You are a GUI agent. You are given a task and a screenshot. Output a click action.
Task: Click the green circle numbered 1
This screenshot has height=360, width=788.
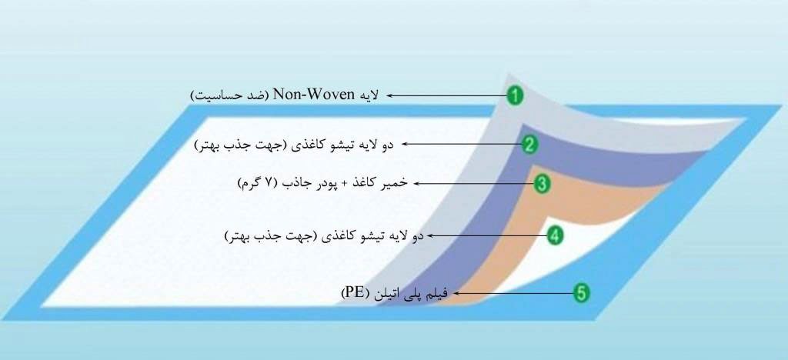515,95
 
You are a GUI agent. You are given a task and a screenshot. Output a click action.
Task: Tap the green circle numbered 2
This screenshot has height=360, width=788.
529,145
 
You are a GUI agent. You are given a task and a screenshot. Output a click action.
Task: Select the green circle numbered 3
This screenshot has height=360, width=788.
541,185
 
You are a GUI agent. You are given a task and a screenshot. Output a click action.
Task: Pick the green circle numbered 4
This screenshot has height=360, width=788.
554,235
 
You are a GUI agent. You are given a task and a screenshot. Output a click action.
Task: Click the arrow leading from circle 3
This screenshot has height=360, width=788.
473,185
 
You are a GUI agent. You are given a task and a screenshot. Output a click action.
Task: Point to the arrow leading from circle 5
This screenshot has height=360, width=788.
510,293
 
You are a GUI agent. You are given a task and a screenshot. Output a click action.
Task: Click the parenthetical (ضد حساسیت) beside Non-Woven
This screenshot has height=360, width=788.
230,95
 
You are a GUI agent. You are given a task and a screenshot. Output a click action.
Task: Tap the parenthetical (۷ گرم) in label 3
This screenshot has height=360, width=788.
257,183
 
